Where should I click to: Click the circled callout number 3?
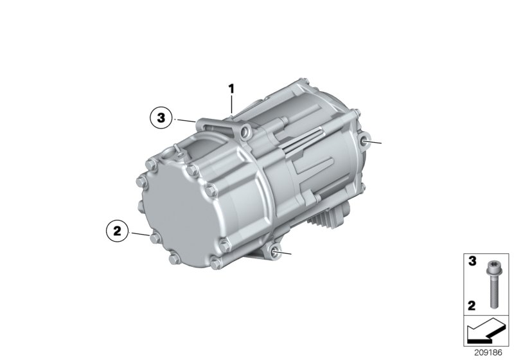point(161,118)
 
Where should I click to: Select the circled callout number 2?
point(118,231)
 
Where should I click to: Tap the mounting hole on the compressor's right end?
point(365,142)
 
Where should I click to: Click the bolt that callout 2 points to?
point(152,239)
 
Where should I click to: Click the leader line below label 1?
point(232,103)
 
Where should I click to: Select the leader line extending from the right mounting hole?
point(375,142)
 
